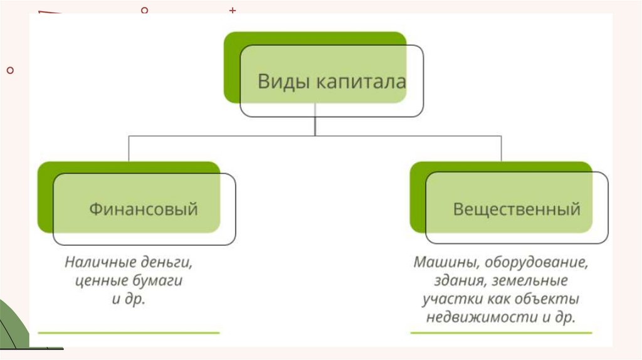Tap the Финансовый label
click(x=144, y=208)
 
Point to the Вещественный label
click(x=517, y=208)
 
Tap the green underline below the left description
click(x=129, y=332)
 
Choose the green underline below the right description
click(x=502, y=332)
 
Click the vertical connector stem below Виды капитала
click(x=315, y=125)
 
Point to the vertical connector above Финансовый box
click(x=129, y=148)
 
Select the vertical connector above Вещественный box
click(x=502, y=148)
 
